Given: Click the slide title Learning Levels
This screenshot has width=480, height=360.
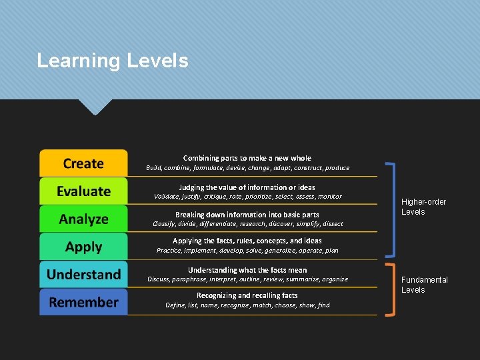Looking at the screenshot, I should [113, 61].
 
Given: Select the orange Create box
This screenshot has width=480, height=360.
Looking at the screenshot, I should [83, 163].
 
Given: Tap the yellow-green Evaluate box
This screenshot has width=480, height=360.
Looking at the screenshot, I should [83, 191].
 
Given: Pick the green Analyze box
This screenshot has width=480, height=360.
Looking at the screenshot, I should [83, 219].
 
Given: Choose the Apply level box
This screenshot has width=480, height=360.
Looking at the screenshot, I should [83, 247].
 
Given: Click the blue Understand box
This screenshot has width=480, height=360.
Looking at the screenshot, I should [83, 275].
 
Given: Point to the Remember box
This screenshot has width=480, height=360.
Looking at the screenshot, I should [83, 302].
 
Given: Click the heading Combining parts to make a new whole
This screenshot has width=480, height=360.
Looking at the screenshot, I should [247, 158].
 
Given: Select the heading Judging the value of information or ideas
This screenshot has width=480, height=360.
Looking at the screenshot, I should [247, 187].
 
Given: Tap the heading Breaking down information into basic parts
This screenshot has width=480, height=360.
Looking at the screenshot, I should [247, 215].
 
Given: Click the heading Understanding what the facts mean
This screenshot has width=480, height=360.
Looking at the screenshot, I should [247, 270].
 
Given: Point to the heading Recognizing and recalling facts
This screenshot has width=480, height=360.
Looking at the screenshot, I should [247, 295].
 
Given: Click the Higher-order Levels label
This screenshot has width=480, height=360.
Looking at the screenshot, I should [423, 207].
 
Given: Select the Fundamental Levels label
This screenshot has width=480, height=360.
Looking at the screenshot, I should [424, 285].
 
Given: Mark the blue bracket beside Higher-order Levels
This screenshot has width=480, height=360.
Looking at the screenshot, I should [394, 209].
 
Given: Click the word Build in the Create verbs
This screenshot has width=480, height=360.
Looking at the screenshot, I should [153, 168].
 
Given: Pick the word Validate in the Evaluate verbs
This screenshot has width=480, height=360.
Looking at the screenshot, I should [167, 197].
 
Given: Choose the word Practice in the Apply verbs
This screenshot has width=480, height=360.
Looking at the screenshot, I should [169, 251].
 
